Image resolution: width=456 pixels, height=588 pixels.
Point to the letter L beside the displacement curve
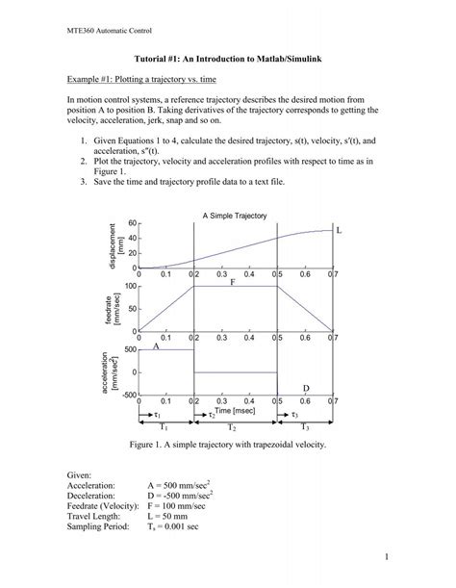[339, 231]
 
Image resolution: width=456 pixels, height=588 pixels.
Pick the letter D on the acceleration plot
[306, 388]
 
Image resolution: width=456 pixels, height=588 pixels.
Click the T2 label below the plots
[232, 426]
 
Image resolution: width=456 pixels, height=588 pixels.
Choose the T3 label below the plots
[305, 426]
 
